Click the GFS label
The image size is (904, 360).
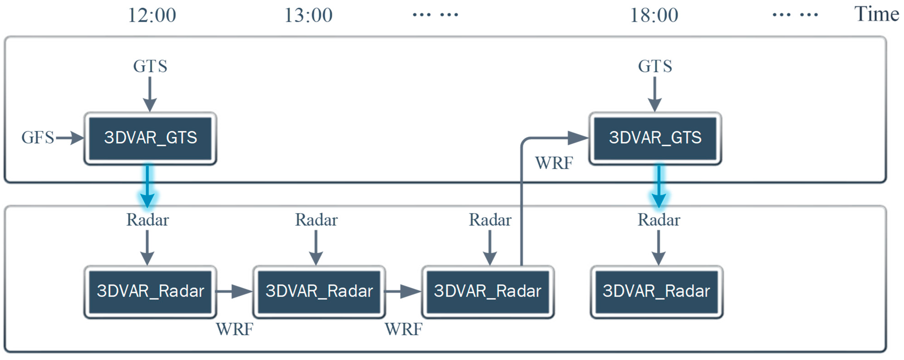coord(38,137)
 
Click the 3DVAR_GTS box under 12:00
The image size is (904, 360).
coord(150,138)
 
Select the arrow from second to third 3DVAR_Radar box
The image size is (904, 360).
coord(403,291)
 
